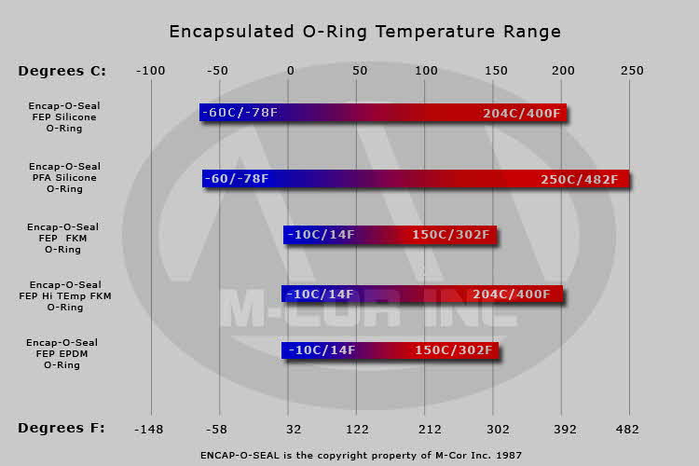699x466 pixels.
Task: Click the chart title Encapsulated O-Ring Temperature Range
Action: (x=364, y=32)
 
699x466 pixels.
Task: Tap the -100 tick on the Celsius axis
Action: (x=150, y=71)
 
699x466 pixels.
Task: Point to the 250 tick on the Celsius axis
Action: (x=632, y=71)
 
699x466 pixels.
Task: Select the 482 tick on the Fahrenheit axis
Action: (x=629, y=429)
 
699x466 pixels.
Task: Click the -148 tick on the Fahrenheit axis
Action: (x=150, y=429)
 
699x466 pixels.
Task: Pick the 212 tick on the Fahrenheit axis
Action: (x=424, y=429)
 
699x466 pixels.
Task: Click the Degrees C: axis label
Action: (x=62, y=71)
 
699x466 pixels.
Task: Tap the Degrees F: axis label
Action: (x=62, y=428)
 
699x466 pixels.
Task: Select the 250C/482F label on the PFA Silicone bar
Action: (x=579, y=179)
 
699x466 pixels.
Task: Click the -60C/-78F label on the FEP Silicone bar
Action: (x=240, y=113)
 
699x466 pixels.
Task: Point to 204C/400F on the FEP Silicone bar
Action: (x=522, y=113)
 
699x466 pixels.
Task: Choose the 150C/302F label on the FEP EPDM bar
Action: (x=452, y=350)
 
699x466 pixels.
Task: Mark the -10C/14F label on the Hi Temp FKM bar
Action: (x=321, y=295)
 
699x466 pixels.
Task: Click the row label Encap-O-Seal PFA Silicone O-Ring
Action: (x=64, y=177)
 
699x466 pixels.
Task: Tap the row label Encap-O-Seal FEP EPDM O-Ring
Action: (x=62, y=354)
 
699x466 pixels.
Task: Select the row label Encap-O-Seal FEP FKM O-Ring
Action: (x=62, y=238)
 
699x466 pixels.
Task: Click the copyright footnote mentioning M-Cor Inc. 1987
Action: (x=361, y=456)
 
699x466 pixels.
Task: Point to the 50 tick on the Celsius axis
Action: (x=359, y=71)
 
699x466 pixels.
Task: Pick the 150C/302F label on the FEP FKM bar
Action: (x=451, y=235)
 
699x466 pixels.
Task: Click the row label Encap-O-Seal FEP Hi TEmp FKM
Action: (x=65, y=295)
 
